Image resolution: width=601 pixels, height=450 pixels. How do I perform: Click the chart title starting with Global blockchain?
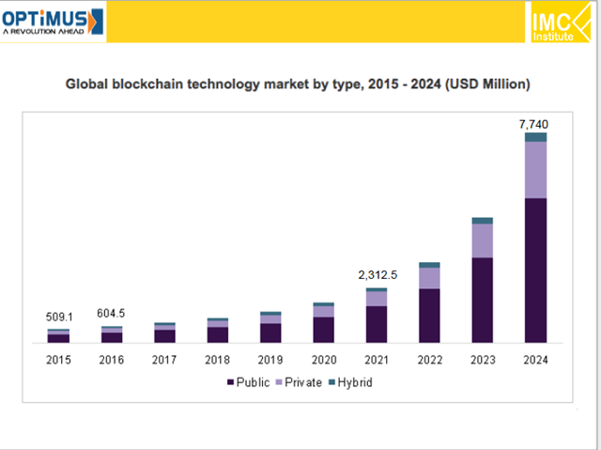click(x=298, y=85)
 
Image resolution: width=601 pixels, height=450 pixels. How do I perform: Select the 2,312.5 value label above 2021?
click(x=377, y=275)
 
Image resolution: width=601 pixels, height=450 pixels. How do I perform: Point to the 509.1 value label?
click(x=59, y=317)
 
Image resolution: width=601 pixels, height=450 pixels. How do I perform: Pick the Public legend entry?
click(x=249, y=382)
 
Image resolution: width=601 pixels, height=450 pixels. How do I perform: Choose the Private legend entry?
click(x=300, y=382)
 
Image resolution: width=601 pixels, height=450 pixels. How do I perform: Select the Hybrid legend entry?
click(x=354, y=382)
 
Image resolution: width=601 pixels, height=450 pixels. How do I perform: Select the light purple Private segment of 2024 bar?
click(x=535, y=169)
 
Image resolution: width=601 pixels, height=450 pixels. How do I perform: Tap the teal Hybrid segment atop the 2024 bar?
click(x=535, y=137)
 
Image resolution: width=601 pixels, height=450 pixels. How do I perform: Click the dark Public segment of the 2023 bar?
click(x=483, y=300)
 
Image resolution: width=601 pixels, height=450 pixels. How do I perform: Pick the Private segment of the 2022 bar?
click(x=429, y=278)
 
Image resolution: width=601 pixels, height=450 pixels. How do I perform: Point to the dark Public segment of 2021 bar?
click(x=377, y=324)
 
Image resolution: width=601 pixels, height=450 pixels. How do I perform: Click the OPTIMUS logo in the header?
click(x=53, y=21)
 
